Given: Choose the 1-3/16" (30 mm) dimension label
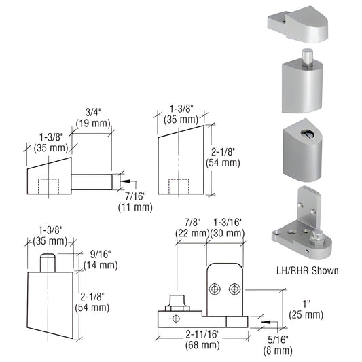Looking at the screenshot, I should pos(226,228).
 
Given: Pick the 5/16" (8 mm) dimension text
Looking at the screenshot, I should pos(279,345).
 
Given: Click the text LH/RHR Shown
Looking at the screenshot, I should pos(303,271).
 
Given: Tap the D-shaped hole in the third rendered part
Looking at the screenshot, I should pos(300,129).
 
